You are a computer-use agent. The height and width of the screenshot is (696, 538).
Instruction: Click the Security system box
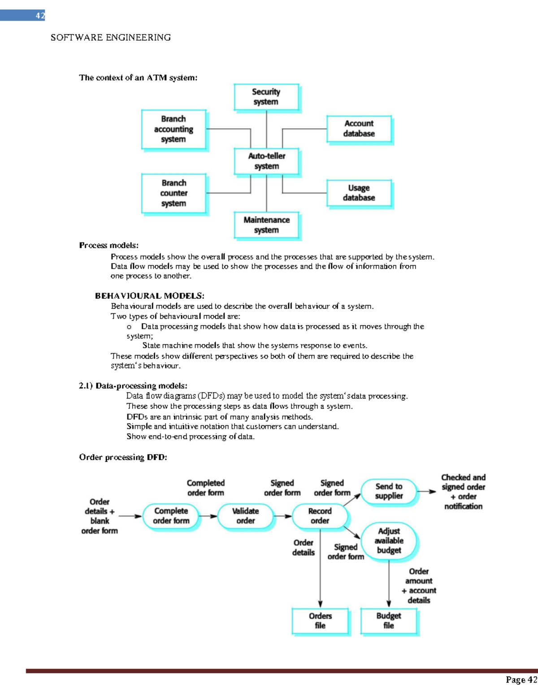coord(266,97)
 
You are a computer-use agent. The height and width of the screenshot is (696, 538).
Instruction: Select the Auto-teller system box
coord(266,161)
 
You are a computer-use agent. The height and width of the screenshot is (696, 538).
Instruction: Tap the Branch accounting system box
coord(174,129)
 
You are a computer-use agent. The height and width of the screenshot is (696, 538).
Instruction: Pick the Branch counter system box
coord(174,193)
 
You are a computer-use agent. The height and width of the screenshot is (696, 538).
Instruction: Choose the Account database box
coord(359,129)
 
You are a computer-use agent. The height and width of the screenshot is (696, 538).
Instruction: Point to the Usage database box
coord(359,193)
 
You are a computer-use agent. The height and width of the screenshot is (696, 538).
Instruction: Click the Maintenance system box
coord(266,225)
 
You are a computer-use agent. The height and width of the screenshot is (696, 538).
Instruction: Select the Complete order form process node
coord(171,516)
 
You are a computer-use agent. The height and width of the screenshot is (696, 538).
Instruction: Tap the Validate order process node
coord(245,516)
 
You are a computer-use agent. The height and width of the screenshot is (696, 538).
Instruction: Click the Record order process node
coord(320,516)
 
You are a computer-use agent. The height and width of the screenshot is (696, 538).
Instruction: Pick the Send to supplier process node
coord(389,491)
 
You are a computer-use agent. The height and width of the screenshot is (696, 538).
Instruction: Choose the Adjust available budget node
coord(389,540)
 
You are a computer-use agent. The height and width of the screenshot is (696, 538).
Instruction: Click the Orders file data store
coord(320,621)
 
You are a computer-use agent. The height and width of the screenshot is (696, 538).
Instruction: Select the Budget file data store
coord(389,621)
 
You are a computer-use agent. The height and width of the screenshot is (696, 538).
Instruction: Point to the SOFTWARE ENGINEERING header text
coord(110,38)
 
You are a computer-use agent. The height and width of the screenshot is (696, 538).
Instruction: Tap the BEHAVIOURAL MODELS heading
coord(149,296)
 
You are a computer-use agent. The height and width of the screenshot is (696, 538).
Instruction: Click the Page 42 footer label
coord(521,680)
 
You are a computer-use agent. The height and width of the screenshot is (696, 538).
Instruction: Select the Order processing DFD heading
coord(123,457)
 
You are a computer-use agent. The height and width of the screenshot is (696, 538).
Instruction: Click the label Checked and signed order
coord(463,482)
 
